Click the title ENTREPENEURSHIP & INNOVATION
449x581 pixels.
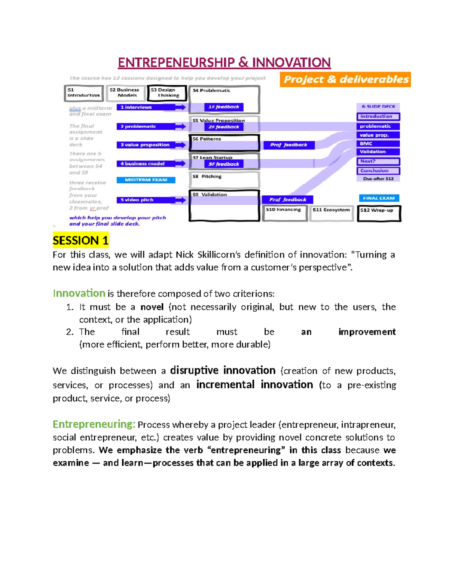click(224, 62)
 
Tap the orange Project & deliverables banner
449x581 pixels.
click(345, 79)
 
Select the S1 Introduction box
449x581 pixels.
click(83, 93)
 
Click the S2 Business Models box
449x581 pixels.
click(125, 93)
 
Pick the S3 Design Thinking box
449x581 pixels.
click(167, 93)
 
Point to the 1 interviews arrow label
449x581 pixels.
click(146, 107)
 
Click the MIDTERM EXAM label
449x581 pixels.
click(146, 180)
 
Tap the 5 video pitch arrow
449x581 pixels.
click(146, 200)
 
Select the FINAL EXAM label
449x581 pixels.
click(379, 198)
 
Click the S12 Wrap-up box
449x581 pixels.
click(379, 213)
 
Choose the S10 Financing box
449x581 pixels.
click(284, 212)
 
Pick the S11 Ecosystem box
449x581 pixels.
click(331, 212)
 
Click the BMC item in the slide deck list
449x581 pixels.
click(378, 144)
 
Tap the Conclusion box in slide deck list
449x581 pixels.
click(378, 171)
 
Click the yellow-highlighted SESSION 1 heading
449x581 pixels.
click(80, 240)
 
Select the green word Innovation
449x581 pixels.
click(79, 293)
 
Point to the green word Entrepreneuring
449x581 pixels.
click(94, 424)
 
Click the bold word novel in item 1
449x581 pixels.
click(152, 307)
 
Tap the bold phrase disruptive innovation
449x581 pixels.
click(223, 370)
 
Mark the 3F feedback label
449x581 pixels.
click(224, 164)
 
